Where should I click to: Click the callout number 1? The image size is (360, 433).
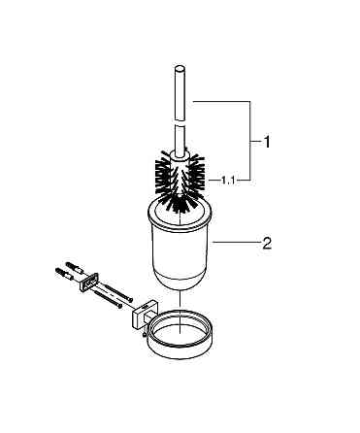(x=266, y=142)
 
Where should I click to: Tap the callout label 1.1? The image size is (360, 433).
(x=228, y=181)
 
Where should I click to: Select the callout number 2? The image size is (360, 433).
(x=267, y=243)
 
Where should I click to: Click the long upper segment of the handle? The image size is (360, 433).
(x=180, y=94)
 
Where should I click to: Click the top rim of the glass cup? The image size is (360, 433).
(x=180, y=211)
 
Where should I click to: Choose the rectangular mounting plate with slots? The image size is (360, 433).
(x=88, y=281)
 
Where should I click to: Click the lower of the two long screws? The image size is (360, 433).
(x=109, y=298)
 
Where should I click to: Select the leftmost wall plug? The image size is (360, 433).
(x=65, y=275)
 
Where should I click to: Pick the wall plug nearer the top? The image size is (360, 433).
(x=75, y=268)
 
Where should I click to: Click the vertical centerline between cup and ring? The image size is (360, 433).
(x=180, y=312)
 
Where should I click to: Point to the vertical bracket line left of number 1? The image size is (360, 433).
(x=249, y=141)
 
